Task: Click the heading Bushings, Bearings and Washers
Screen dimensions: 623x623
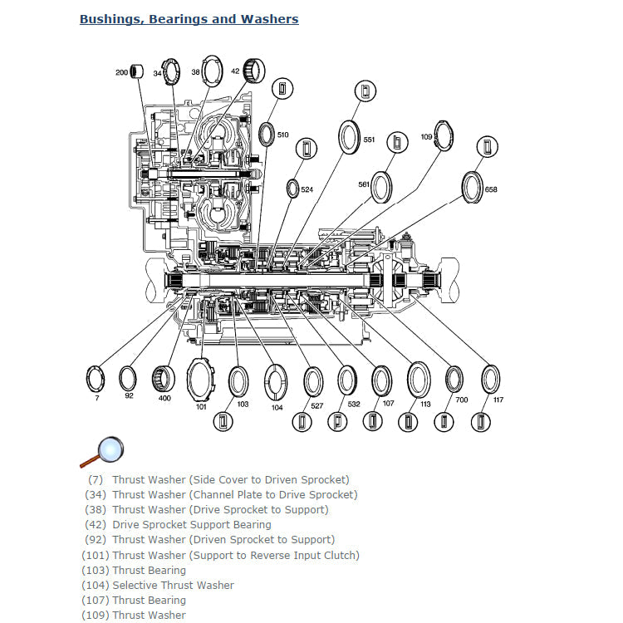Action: [189, 18]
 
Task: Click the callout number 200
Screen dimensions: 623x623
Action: [121, 73]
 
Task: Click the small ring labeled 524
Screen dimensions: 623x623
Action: [293, 189]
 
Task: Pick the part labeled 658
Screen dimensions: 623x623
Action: [473, 187]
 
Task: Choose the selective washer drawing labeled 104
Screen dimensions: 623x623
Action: [276, 382]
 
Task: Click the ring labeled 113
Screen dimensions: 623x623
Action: [419, 380]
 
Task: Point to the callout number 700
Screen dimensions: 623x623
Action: [462, 400]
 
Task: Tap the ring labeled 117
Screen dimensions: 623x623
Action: [491, 379]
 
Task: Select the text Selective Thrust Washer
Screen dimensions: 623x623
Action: [173, 585]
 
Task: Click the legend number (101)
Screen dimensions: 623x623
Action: [95, 555]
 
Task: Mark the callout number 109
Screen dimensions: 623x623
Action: [426, 136]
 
